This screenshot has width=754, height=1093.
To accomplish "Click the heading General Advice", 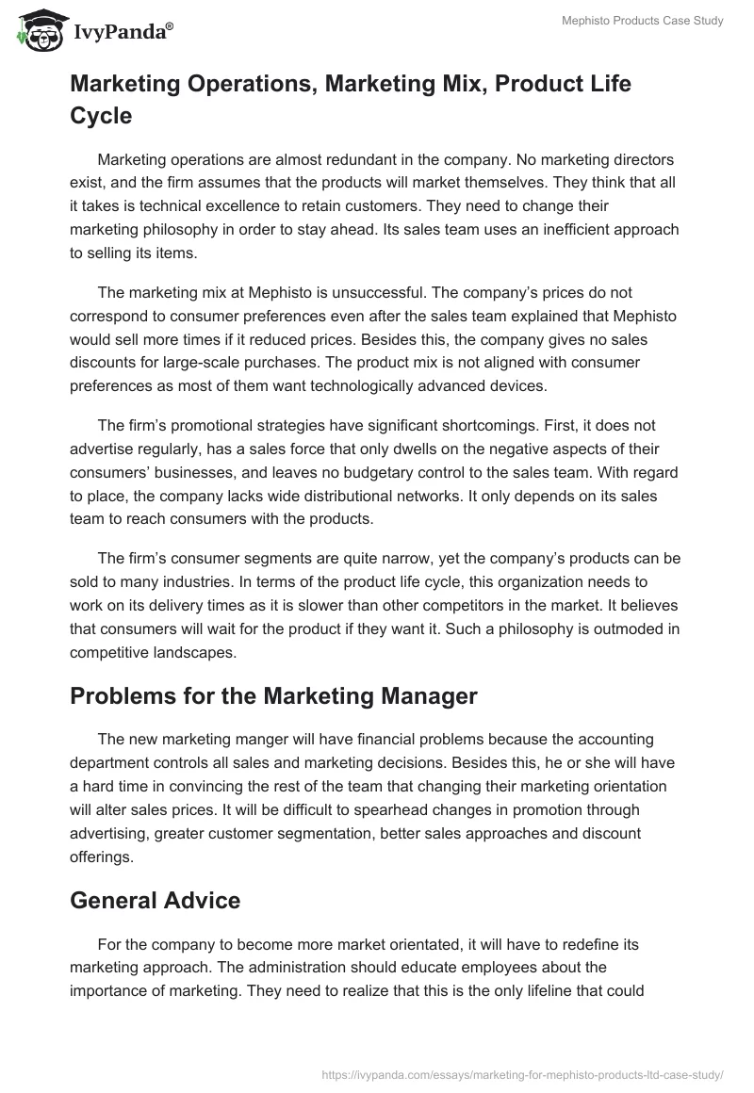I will [x=156, y=900].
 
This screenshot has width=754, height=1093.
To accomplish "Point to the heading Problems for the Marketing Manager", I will [x=274, y=696].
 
